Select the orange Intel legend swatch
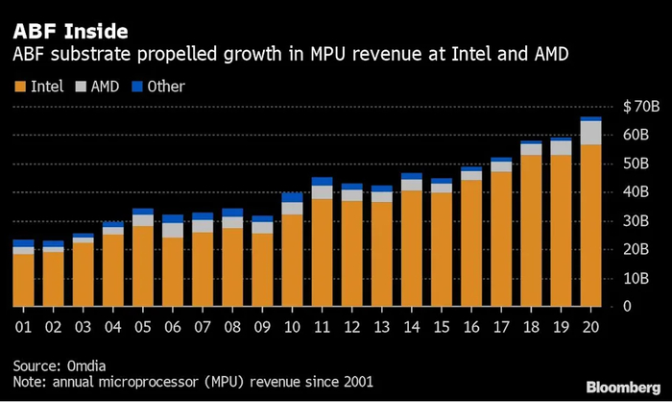18,87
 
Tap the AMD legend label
106,87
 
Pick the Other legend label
163,87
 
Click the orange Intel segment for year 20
591,226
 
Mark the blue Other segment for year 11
322,182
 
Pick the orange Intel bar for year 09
262,270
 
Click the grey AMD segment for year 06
172,230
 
